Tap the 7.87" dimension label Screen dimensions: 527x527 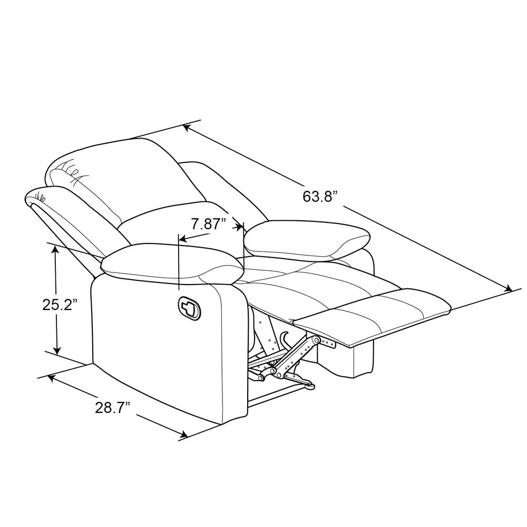pos(208,224)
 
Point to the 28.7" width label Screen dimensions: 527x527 pos(112,408)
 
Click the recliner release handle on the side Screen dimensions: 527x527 pos(189,307)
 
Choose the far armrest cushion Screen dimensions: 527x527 pos(307,240)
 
